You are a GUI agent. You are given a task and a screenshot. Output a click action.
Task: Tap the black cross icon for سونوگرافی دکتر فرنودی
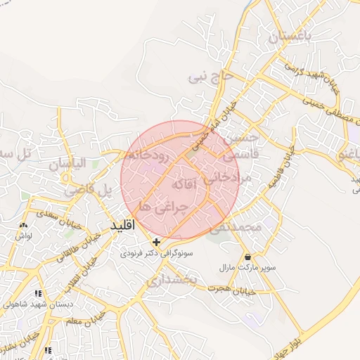pos(156,241)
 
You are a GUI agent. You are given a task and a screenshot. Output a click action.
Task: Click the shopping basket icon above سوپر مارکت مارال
pos(247,257)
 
